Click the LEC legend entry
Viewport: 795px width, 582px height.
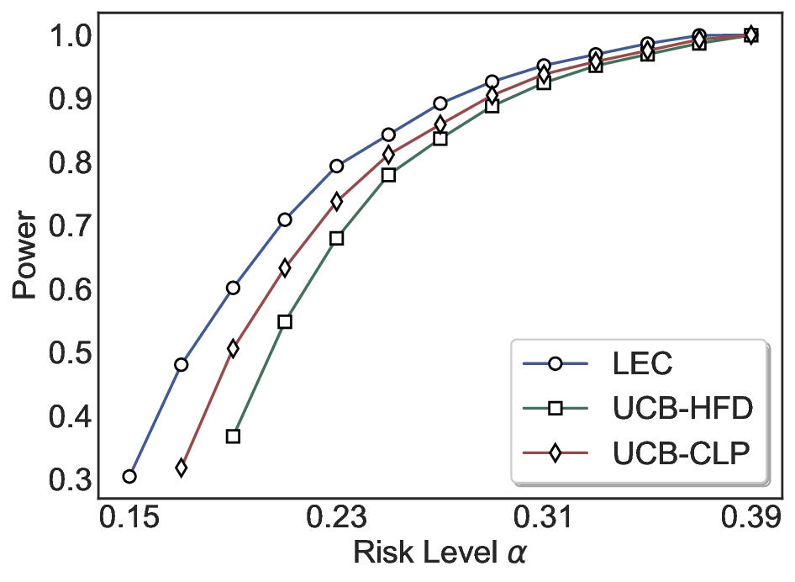click(643, 365)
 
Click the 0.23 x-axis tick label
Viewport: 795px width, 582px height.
click(336, 516)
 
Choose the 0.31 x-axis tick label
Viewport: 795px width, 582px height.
click(544, 516)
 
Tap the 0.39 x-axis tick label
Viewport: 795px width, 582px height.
click(750, 516)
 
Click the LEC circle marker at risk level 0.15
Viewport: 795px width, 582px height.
click(129, 477)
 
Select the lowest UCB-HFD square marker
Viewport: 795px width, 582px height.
click(234, 436)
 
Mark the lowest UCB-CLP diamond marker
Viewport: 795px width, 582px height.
click(182, 468)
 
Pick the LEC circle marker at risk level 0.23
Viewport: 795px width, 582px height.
click(337, 167)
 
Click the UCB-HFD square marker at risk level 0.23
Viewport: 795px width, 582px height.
click(337, 238)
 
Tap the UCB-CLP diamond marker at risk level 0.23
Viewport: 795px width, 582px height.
click(337, 202)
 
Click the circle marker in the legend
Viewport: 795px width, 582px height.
click(555, 364)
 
